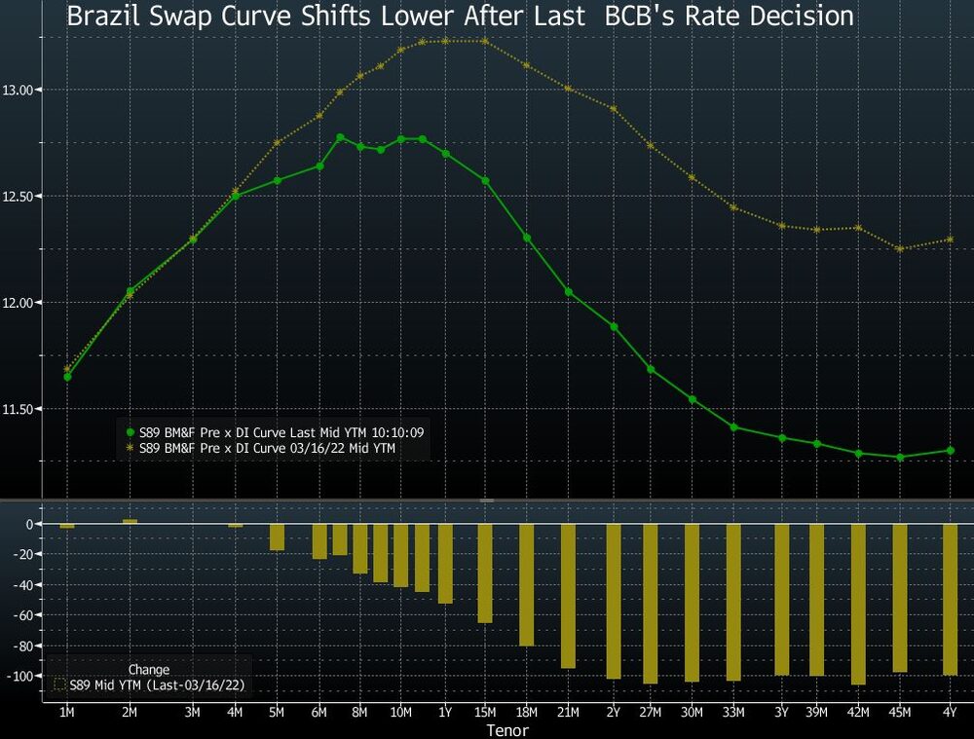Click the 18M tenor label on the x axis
[x=527, y=713]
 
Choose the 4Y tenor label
[x=950, y=713]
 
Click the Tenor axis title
[x=506, y=730]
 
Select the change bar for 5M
[x=278, y=537]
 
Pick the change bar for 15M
[x=485, y=573]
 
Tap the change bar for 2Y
[x=614, y=602]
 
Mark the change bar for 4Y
[x=950, y=600]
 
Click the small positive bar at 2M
[x=130, y=522]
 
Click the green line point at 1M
[x=67, y=376]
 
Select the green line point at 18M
[x=527, y=238]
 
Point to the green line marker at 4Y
[x=950, y=451]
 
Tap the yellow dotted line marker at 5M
[x=278, y=143]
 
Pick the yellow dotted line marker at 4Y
[x=950, y=240]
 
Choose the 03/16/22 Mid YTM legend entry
[x=262, y=448]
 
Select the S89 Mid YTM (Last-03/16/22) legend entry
[x=151, y=685]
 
